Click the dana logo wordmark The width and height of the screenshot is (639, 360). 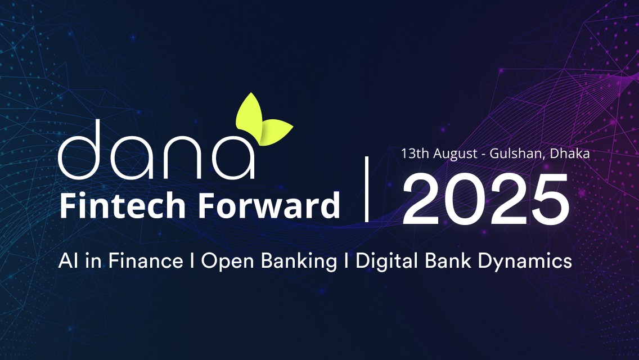click(156, 149)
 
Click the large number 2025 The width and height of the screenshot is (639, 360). click(485, 199)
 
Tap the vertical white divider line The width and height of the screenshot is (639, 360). click(367, 189)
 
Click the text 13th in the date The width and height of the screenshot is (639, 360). click(415, 154)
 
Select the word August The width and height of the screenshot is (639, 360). click(455, 154)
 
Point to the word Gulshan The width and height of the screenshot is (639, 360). click(517, 154)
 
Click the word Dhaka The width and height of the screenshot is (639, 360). click(570, 154)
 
